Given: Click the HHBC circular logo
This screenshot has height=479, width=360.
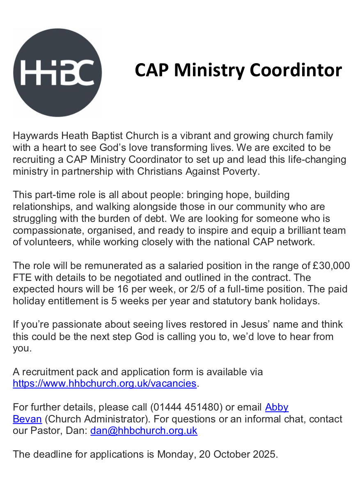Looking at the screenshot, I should tap(57, 72).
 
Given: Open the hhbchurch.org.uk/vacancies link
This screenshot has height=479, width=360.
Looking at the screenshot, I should tap(105, 383).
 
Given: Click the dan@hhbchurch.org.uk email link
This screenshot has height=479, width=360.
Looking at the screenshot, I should tap(144, 431).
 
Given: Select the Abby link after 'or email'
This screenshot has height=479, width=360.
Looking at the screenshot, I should tap(277, 407).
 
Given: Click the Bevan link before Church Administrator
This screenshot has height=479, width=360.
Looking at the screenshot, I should tap(27, 419).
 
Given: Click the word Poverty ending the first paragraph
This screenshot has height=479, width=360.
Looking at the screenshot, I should tap(240, 171).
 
